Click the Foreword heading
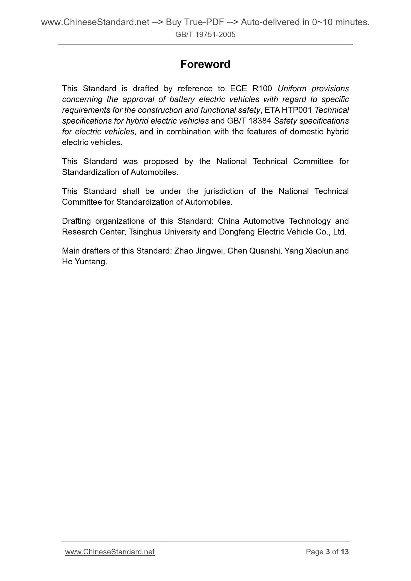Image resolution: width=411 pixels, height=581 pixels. [x=205, y=64]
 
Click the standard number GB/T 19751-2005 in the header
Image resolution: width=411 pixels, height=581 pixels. [x=205, y=35]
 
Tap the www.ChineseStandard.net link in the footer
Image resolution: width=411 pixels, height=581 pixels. [x=110, y=552]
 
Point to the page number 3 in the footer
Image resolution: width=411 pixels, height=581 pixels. [x=328, y=552]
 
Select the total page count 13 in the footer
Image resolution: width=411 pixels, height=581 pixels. [x=344, y=552]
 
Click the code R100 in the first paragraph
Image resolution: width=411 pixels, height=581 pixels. [x=262, y=89]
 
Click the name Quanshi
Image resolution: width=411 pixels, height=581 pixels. [x=264, y=251]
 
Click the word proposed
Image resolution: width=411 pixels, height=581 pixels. [x=161, y=161]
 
